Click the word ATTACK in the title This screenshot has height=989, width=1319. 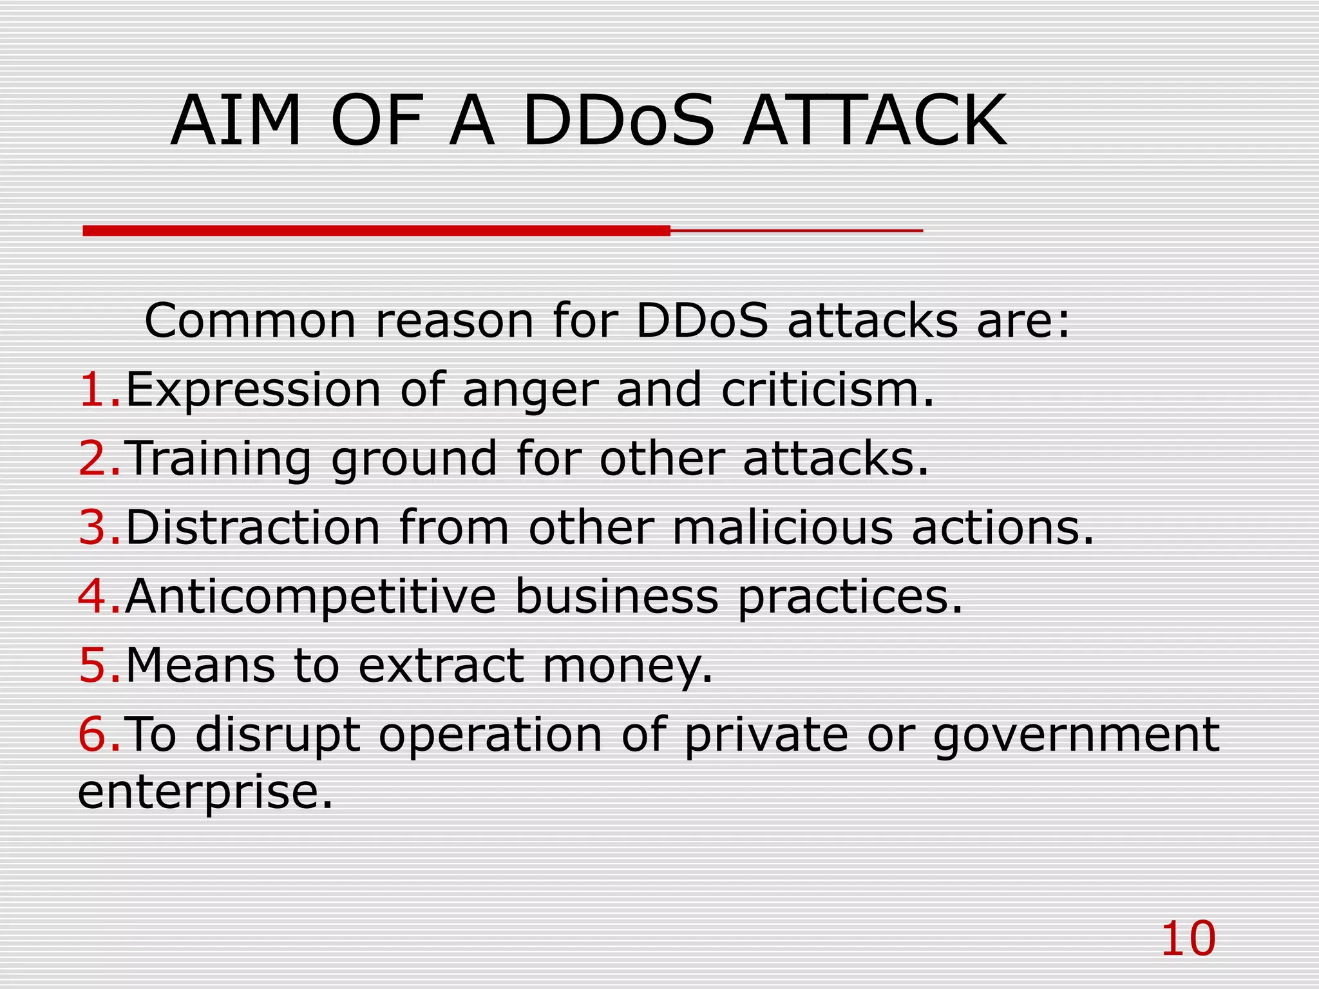point(874,121)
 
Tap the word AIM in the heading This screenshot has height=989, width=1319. point(236,121)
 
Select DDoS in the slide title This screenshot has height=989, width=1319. point(618,121)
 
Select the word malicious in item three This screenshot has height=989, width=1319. point(783,527)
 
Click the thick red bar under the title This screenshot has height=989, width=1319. point(377,231)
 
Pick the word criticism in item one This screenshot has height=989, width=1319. point(827,390)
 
